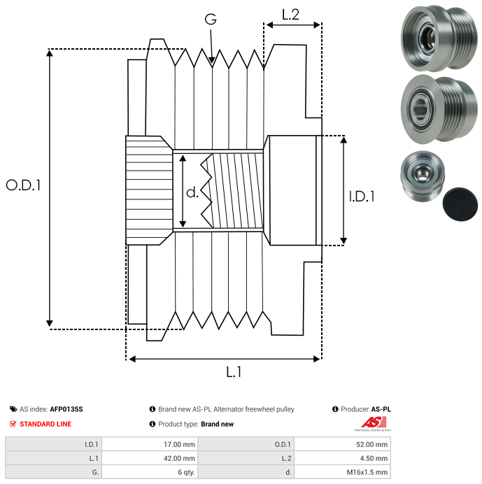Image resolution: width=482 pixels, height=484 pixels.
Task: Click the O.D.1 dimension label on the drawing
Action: click(x=23, y=185)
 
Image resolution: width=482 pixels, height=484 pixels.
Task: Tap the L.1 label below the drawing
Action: click(x=233, y=372)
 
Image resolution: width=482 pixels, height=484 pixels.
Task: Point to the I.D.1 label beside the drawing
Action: click(x=362, y=197)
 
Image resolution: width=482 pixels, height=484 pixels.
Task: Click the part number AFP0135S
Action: click(x=71, y=409)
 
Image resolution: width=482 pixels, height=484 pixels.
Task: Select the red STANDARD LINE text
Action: click(x=45, y=424)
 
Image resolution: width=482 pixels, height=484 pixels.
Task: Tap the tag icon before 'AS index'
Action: click(x=13, y=409)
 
